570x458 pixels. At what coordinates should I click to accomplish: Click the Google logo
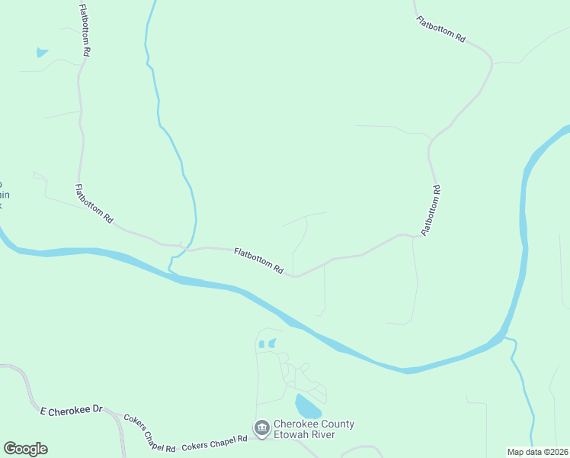[25, 449]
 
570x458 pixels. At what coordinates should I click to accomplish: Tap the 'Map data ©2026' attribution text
[537, 452]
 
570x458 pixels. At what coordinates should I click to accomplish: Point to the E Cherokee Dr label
[71, 410]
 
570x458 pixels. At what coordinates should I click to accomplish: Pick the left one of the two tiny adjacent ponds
[261, 344]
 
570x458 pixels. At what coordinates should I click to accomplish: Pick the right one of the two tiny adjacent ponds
[272, 343]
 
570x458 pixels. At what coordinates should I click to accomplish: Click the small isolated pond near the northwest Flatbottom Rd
[42, 53]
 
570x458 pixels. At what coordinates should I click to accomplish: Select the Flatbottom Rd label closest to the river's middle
[258, 260]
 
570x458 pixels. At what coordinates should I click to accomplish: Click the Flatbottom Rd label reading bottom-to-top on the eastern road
[431, 209]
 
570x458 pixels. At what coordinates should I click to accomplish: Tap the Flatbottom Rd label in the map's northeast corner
[440, 28]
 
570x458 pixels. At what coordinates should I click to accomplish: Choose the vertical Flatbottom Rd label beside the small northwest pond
[85, 30]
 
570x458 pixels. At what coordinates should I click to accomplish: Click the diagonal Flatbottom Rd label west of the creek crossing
[94, 203]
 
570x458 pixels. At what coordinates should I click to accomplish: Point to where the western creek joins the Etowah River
[171, 270]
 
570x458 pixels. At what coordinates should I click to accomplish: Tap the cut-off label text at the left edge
[2, 195]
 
